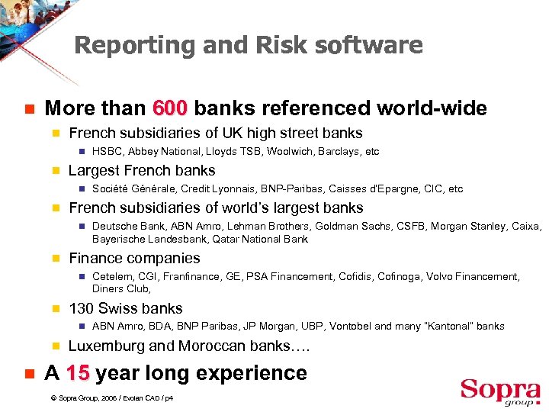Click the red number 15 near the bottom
(x=79, y=373)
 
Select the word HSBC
(x=106, y=152)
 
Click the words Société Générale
(x=130, y=189)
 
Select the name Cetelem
(x=111, y=277)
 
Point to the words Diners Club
(x=120, y=288)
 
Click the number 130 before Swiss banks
(x=82, y=309)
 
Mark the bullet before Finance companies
(x=55, y=259)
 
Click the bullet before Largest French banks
(x=55, y=171)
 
